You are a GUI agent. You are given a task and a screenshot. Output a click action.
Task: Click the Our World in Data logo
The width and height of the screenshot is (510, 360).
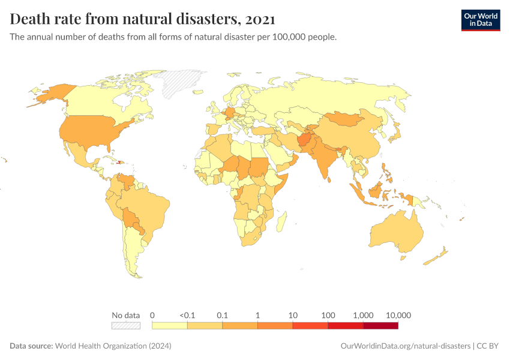point(480,20)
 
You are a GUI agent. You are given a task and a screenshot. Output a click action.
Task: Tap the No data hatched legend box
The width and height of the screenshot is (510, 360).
point(125,326)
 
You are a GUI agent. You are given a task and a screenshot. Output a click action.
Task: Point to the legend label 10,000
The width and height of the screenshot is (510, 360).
point(398,315)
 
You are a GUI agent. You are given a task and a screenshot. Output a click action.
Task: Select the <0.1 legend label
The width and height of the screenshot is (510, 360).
point(187,315)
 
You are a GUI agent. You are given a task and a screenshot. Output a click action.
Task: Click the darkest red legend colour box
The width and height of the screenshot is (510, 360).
point(380,326)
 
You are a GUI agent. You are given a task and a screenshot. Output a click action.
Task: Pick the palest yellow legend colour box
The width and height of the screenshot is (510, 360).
point(170,326)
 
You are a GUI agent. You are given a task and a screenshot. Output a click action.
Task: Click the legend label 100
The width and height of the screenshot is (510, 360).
point(328,315)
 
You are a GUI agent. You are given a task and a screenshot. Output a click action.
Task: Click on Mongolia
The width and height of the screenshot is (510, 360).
point(346,119)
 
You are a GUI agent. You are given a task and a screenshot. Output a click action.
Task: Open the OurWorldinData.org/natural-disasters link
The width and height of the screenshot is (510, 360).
point(405,346)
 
